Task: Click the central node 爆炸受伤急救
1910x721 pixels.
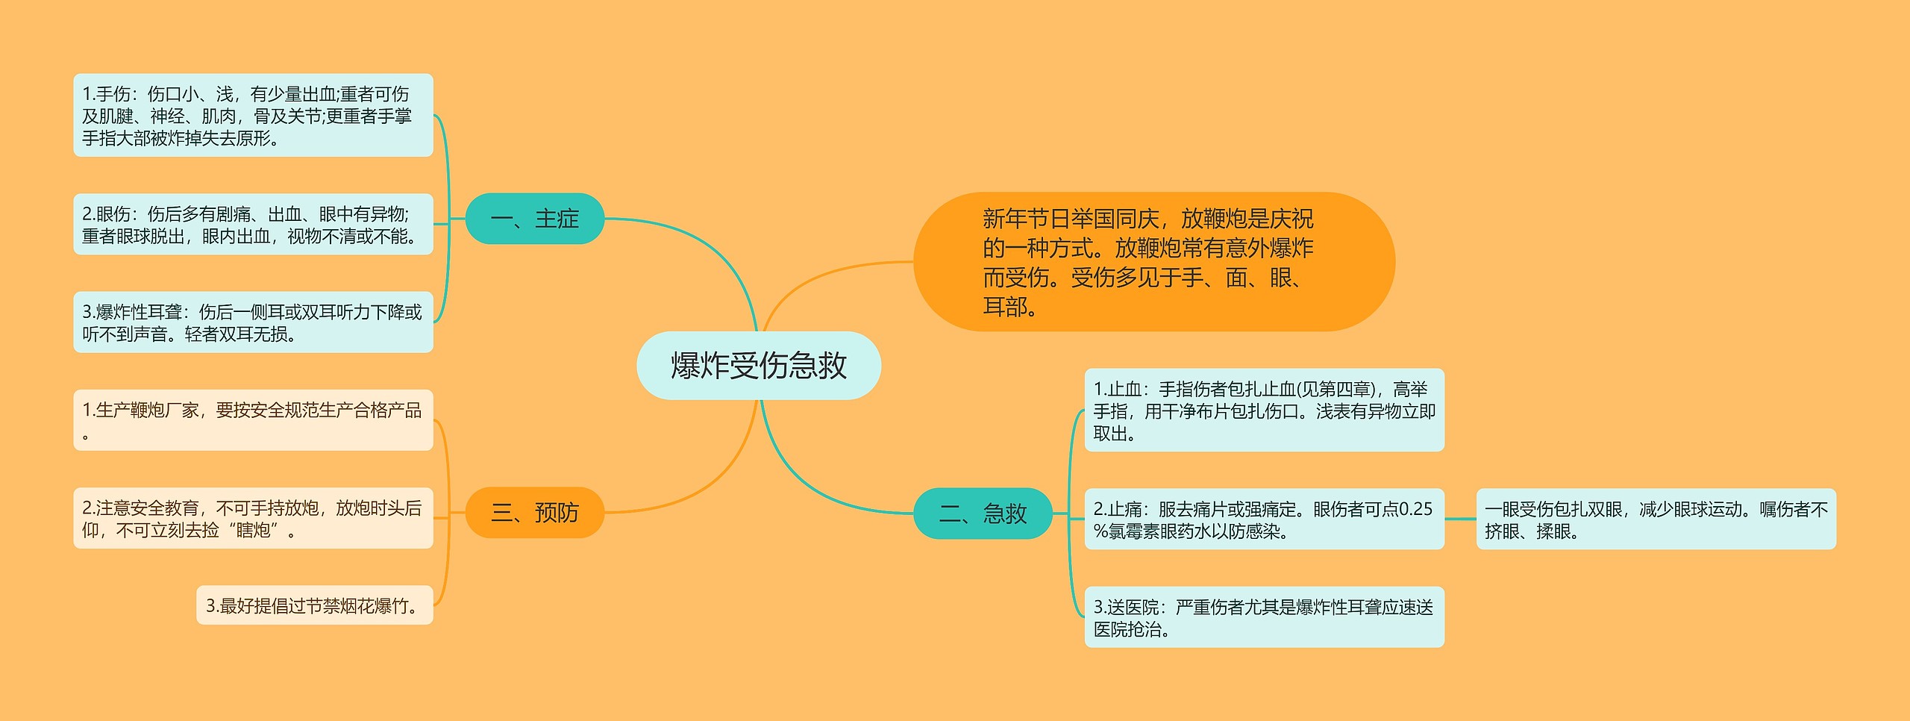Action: coord(758,366)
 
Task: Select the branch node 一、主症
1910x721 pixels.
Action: coord(534,219)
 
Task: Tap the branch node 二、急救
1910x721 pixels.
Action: coord(982,514)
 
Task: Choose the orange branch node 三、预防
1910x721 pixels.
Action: coord(534,513)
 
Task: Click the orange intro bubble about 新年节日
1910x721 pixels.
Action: coord(1153,262)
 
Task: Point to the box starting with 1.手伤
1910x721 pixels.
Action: coord(253,115)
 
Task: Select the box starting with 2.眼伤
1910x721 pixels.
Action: coord(253,225)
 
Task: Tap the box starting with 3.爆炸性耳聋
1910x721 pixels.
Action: coord(253,322)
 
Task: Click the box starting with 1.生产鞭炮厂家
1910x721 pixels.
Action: coord(253,420)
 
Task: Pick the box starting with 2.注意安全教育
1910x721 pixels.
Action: coord(253,519)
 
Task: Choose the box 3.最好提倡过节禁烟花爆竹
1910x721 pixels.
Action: coord(315,605)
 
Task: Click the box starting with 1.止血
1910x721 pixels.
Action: coord(1264,411)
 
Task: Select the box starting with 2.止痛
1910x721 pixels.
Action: coord(1264,519)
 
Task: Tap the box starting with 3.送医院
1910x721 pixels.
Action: coord(1264,617)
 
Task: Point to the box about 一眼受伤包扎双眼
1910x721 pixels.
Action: coord(1656,519)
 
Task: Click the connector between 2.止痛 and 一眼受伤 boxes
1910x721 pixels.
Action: coord(1460,519)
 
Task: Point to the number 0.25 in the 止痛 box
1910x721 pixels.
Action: coord(1415,509)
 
